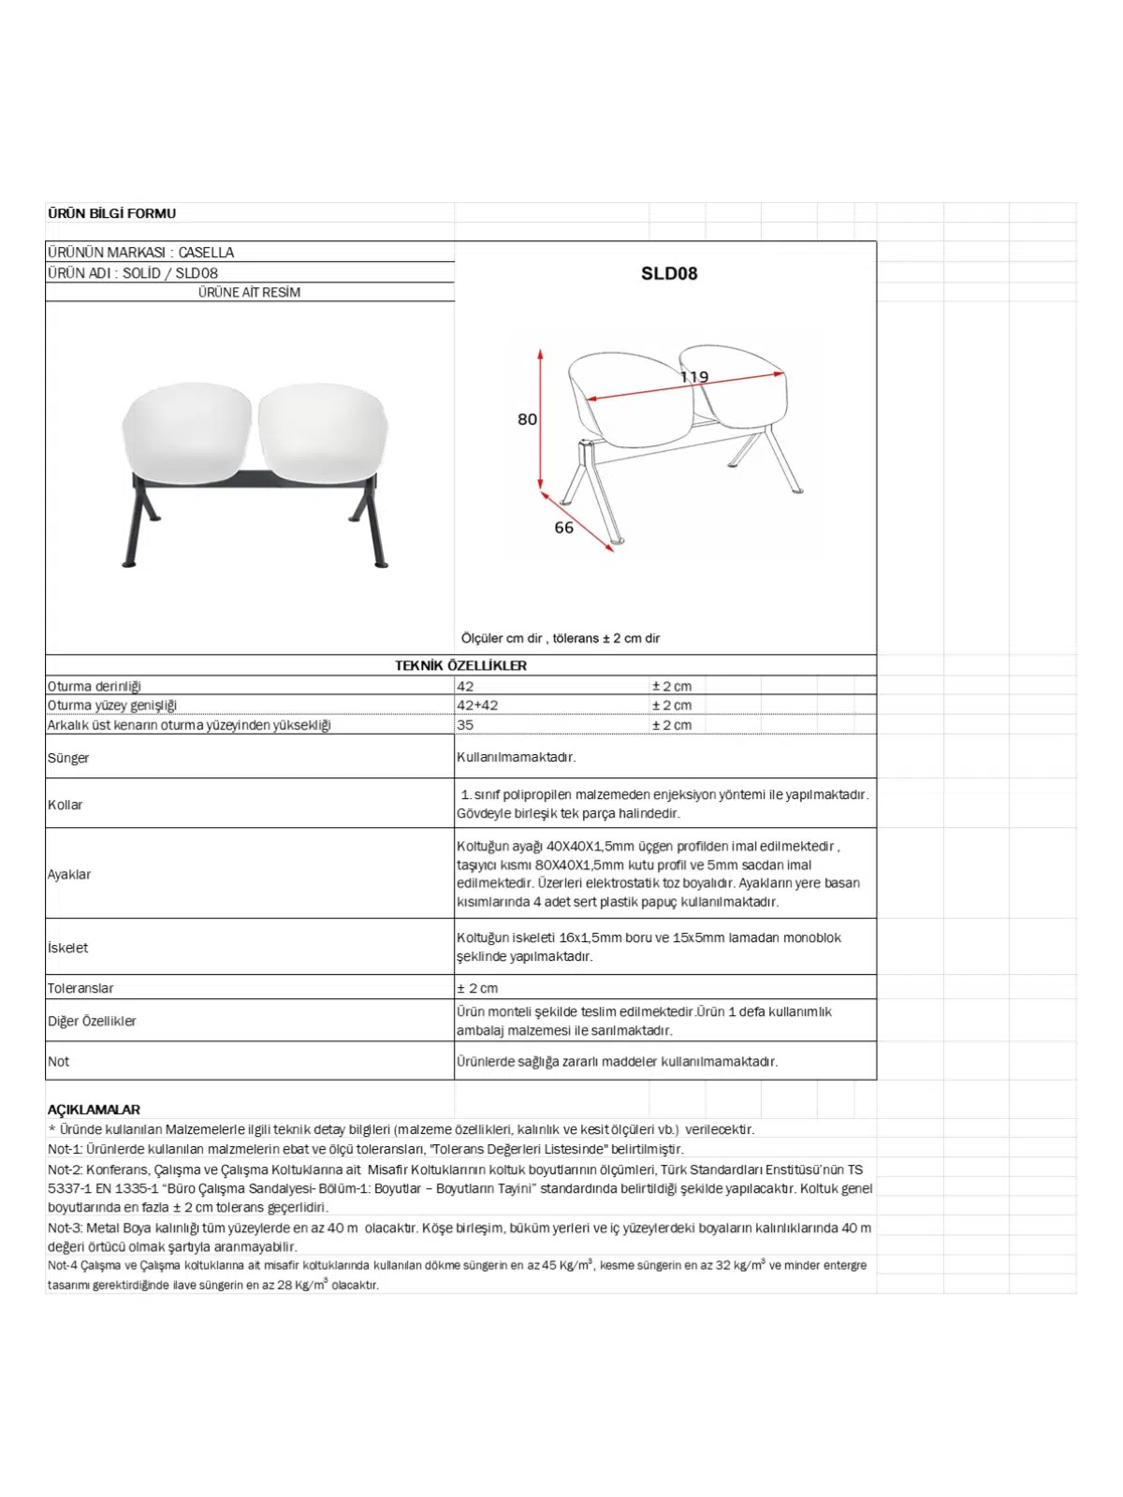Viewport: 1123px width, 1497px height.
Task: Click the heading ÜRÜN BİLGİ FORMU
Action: pos(111,213)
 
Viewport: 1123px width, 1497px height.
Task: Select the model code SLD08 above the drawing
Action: pos(668,273)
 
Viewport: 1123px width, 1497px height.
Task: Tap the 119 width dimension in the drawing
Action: pos(693,377)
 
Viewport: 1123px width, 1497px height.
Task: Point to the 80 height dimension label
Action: pos(527,419)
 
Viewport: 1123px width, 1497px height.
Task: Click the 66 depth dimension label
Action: pos(563,528)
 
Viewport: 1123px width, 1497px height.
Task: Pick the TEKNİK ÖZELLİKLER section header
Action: pos(460,665)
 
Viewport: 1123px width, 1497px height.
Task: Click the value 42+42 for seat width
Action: pos(477,705)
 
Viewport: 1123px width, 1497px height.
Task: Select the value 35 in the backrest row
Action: pos(465,725)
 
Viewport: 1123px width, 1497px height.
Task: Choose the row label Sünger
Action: pos(68,758)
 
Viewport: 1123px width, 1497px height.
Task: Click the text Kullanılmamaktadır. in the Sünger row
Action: pos(516,757)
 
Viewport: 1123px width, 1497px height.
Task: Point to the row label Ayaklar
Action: pos(69,874)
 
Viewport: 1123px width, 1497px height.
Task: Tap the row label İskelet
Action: pos(68,948)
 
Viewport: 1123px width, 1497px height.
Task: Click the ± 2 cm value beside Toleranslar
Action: pos(477,988)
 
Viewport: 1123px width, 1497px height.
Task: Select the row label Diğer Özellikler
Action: pos(92,1021)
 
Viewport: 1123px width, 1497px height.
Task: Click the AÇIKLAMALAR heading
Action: pos(94,1110)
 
